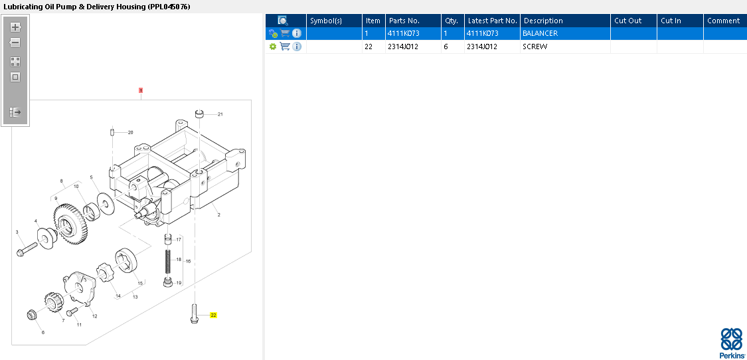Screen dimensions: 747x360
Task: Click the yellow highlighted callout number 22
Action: click(x=213, y=315)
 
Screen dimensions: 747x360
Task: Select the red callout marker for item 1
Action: click(x=141, y=90)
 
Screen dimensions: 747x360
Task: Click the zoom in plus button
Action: click(x=15, y=27)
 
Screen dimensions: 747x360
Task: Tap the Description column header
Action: click(x=543, y=21)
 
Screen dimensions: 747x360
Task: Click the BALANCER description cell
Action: click(x=540, y=33)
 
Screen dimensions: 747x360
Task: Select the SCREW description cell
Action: click(x=535, y=46)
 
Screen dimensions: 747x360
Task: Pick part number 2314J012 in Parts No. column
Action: click(x=404, y=46)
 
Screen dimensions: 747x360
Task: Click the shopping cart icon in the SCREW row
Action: click(x=285, y=46)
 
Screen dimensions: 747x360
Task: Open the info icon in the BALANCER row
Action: click(x=297, y=33)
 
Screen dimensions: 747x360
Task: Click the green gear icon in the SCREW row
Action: click(x=272, y=46)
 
